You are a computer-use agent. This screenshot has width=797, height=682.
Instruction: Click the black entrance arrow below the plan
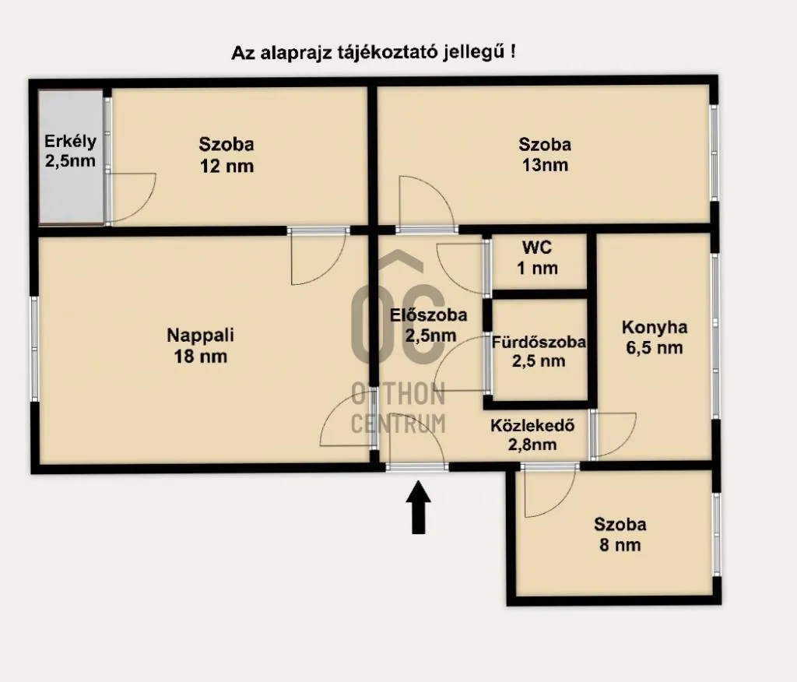click(419, 508)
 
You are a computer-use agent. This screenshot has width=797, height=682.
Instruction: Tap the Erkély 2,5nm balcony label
click(70, 152)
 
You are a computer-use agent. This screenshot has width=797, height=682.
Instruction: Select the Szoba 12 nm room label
click(226, 154)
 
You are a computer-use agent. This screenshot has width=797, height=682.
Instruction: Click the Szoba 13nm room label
click(545, 154)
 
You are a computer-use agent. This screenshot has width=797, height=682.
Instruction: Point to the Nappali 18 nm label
click(200, 346)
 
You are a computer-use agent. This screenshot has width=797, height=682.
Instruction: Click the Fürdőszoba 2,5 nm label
click(539, 351)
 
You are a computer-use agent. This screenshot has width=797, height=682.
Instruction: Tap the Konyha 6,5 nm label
click(655, 337)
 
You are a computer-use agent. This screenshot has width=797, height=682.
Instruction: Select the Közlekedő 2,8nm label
click(532, 435)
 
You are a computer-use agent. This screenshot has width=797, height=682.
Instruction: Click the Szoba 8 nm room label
click(620, 535)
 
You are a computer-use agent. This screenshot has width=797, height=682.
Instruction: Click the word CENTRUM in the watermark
click(398, 423)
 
